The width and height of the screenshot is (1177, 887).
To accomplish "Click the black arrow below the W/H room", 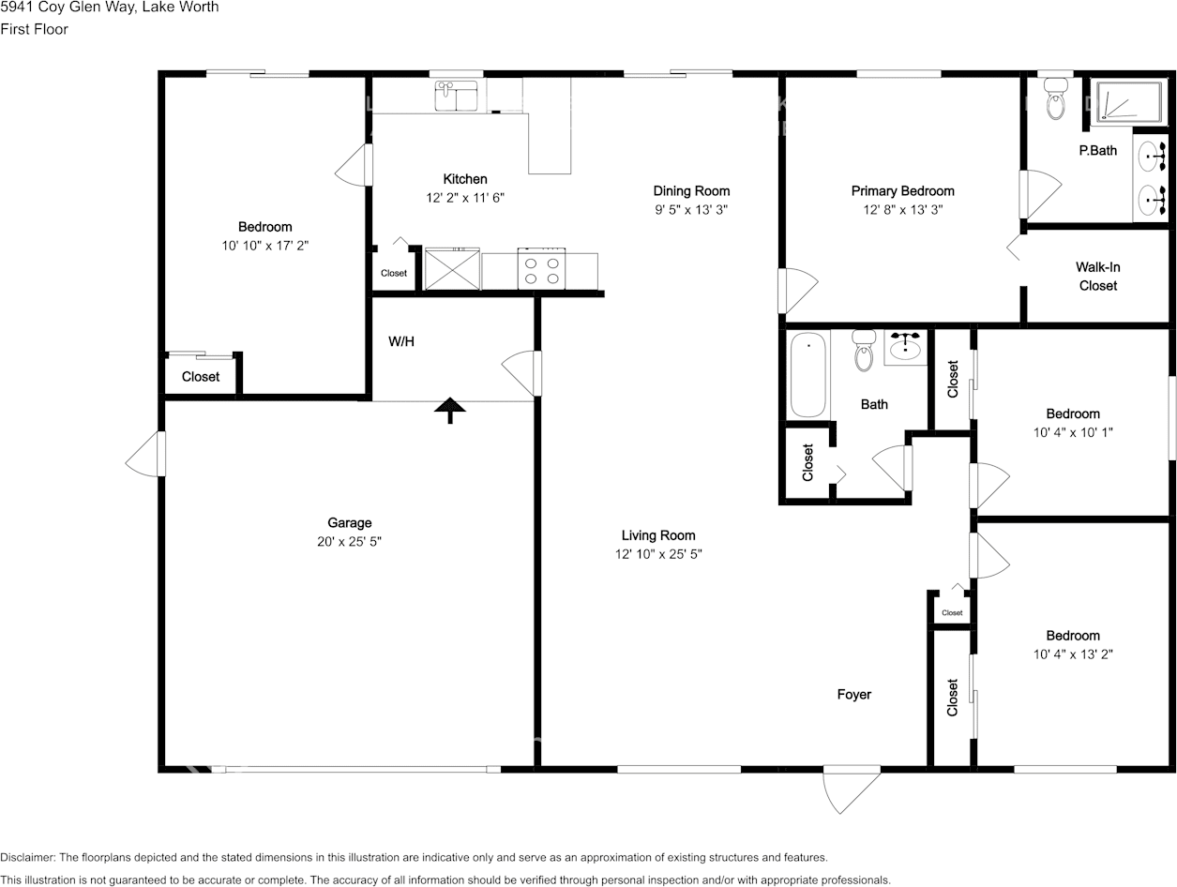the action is click(450, 410).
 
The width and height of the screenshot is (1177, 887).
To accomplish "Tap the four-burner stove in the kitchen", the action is click(541, 269).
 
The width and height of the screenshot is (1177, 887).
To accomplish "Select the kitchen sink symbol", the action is click(456, 96).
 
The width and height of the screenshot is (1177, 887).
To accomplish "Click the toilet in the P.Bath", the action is click(1055, 99).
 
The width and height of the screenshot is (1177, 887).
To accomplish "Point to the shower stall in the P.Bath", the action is click(1129, 102).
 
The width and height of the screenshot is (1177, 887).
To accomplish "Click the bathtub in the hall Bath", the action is click(808, 375).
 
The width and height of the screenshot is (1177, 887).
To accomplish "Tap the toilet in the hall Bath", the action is click(864, 351).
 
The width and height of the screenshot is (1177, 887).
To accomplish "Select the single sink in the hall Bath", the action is click(905, 347).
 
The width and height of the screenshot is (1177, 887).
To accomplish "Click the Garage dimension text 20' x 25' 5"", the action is click(349, 541).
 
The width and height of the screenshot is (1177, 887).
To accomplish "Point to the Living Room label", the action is click(658, 534).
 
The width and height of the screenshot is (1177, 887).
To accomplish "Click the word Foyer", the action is click(854, 694).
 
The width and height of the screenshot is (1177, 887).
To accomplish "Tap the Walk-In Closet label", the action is click(1098, 276).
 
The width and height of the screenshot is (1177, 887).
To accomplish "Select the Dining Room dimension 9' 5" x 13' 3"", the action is click(691, 209).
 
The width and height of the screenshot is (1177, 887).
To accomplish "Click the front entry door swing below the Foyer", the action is click(853, 789).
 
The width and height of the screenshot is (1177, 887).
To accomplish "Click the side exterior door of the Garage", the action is click(145, 454).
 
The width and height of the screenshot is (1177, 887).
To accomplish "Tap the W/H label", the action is click(401, 341).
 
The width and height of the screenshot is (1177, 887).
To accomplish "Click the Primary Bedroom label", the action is click(903, 190).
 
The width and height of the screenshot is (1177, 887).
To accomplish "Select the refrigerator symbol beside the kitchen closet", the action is click(452, 268).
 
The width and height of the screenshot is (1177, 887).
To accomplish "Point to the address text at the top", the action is click(110, 7).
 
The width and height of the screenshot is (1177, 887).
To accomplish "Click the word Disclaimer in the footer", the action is click(27, 857).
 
